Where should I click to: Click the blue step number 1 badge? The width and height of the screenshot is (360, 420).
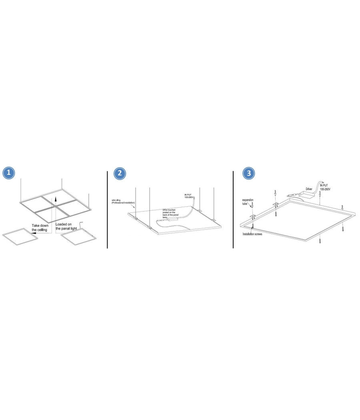[x=9, y=173]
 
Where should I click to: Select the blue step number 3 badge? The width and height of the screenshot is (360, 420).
[x=249, y=173]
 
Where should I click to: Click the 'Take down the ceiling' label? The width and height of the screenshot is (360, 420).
[x=40, y=228]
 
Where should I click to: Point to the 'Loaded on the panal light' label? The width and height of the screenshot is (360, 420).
[x=66, y=226]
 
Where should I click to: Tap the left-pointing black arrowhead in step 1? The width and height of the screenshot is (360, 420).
[x=33, y=233]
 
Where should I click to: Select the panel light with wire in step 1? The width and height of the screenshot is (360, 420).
[x=79, y=238]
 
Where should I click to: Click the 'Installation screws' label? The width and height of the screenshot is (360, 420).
[x=252, y=234]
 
